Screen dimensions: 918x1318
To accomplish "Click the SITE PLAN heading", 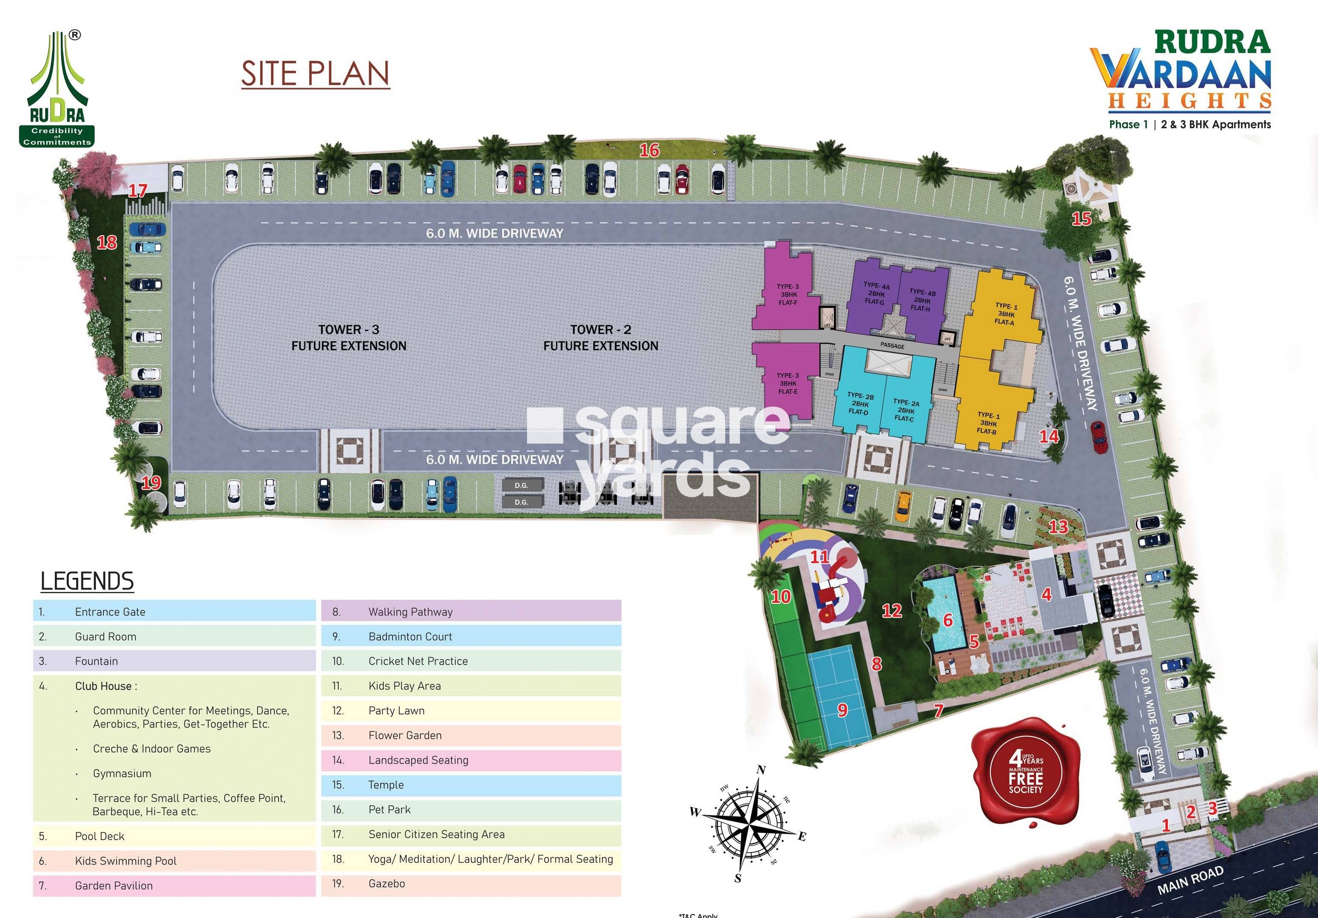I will [315, 74].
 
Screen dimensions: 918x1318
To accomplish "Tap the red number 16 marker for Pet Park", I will [649, 151].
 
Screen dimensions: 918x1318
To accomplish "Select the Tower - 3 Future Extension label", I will [349, 338].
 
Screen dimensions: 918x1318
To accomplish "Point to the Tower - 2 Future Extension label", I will [601, 338].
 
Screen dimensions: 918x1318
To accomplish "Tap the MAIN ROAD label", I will [1190, 880].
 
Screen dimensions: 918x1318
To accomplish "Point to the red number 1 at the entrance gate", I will [1166, 826].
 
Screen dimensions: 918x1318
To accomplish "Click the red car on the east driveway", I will [1098, 437].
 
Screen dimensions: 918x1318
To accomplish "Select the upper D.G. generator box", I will [521, 485].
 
